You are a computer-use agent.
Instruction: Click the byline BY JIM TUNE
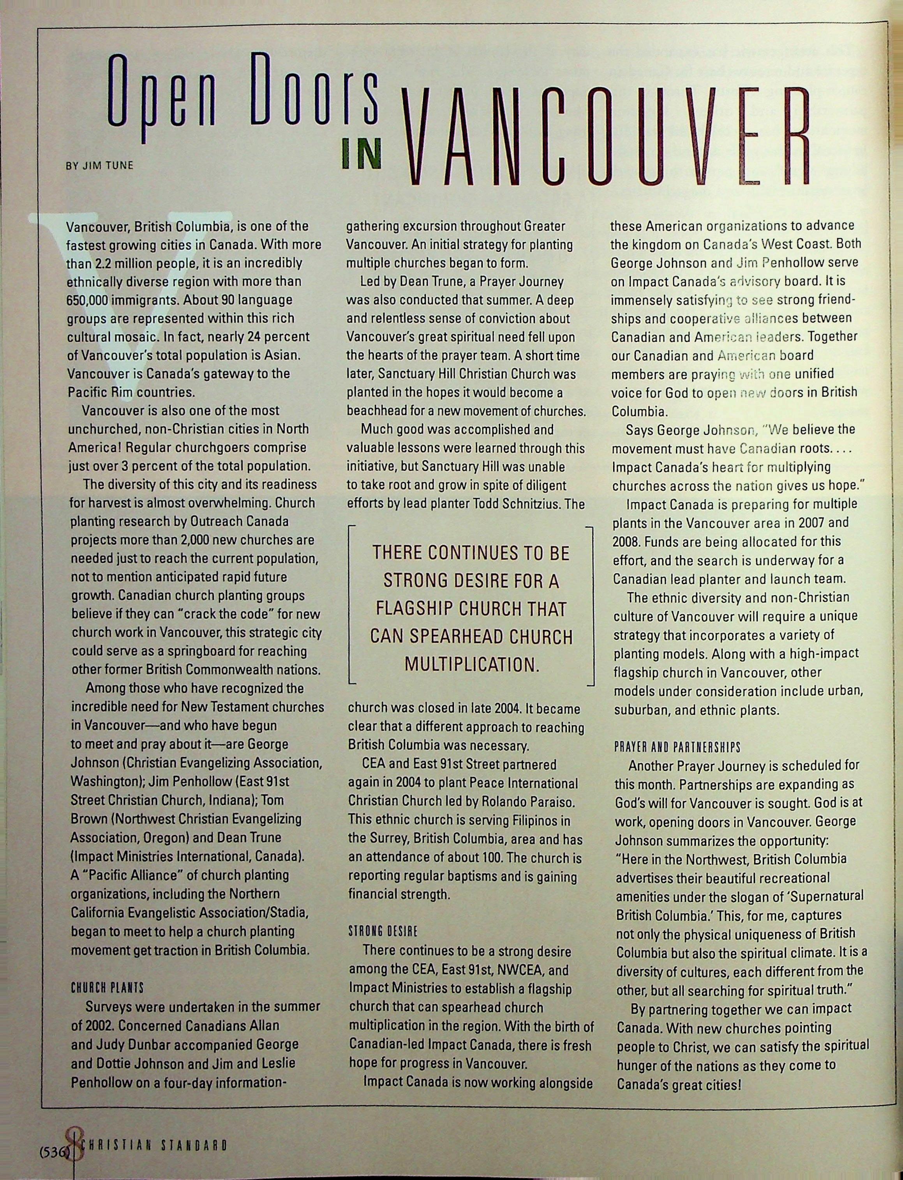[99, 166]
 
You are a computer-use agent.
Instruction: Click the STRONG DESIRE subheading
[383, 931]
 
